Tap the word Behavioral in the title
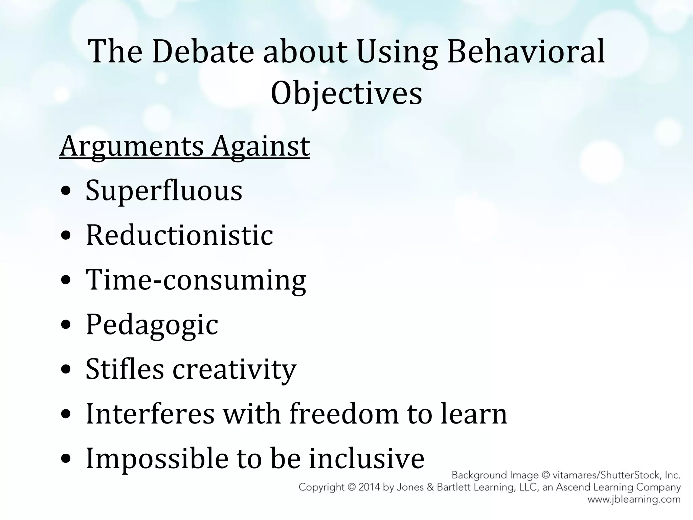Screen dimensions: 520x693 point(526,51)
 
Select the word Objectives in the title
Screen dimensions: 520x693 point(346,93)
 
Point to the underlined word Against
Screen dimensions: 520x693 point(261,146)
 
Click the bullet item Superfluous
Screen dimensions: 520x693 point(164,190)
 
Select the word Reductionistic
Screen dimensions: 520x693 point(179,235)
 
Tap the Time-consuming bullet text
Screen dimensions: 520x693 point(196,280)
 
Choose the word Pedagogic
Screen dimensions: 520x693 point(152,324)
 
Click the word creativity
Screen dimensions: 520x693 point(234,369)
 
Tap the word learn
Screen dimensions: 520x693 point(474,413)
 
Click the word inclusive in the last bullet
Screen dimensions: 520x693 point(366,458)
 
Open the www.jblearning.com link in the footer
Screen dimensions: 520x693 point(634,499)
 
